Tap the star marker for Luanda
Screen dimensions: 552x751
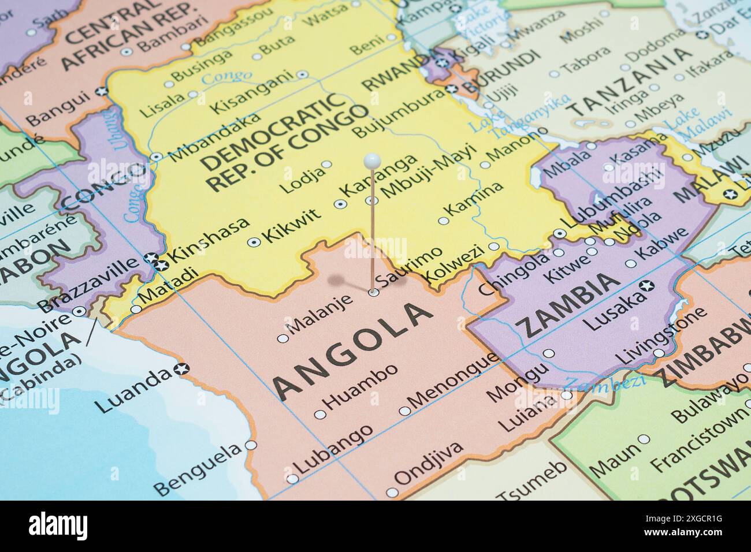[182, 368]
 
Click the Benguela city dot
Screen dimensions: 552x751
[250, 445]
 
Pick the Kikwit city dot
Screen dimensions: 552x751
[252, 242]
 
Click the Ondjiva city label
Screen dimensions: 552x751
[428, 464]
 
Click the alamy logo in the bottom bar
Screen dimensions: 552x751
[58, 527]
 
